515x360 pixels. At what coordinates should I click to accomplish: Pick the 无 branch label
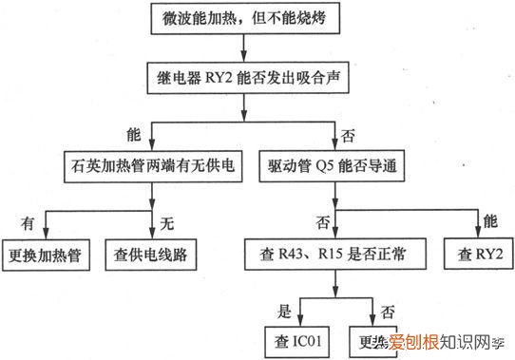[x=167, y=223]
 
